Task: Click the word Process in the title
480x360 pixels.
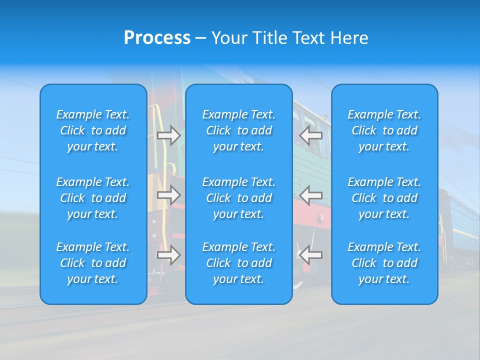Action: point(157,37)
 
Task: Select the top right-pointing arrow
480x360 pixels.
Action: point(169,135)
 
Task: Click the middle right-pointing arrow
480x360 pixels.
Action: point(169,195)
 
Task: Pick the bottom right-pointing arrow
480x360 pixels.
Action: point(169,255)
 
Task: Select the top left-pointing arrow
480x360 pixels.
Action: point(311,135)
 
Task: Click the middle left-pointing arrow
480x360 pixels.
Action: point(311,195)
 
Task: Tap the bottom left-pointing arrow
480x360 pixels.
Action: point(311,255)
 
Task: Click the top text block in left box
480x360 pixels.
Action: point(93,130)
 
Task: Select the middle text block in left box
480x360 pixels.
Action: point(93,198)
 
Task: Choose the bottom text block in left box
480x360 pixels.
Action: point(93,263)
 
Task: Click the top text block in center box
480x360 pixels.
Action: point(238,130)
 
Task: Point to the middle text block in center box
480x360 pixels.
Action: point(238,198)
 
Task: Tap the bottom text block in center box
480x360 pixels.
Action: point(238,263)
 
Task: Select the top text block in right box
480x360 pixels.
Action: point(384,130)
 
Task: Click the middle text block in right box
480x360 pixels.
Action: point(384,198)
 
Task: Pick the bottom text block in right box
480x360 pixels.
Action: point(384,263)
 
